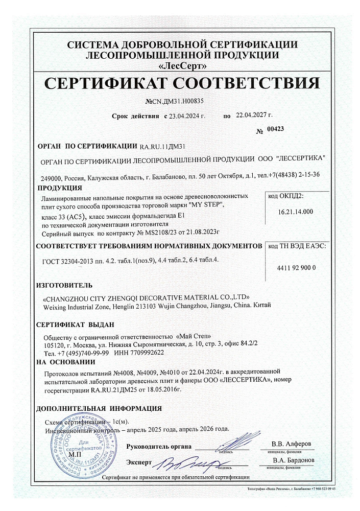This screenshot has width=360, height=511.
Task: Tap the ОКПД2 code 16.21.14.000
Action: point(296,211)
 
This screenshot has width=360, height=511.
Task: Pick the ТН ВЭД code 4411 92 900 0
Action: point(296,268)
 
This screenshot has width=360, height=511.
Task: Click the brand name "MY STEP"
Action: point(206,204)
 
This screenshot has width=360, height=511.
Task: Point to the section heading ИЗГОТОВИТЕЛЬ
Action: point(64,284)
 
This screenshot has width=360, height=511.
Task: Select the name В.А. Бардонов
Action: point(290,460)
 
